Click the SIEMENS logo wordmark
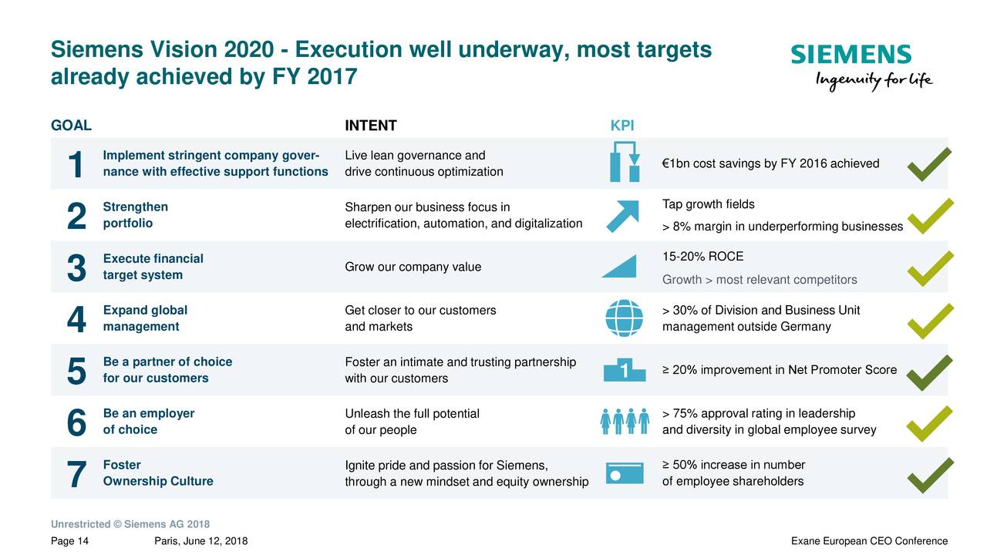click(x=851, y=55)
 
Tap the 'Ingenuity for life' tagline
click(x=874, y=80)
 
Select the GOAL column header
click(x=71, y=126)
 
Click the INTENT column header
click(x=370, y=126)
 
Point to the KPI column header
click(x=622, y=126)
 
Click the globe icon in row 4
click(x=623, y=318)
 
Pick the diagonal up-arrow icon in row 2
click(x=622, y=215)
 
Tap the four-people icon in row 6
click(x=623, y=422)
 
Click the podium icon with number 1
click(x=623, y=371)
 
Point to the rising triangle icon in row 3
click(x=620, y=267)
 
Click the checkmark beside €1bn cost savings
click(x=930, y=163)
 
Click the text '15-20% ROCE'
click(x=702, y=257)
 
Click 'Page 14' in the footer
click(x=69, y=541)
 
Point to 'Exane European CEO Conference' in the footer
click(x=869, y=541)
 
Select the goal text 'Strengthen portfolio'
click(x=135, y=215)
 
